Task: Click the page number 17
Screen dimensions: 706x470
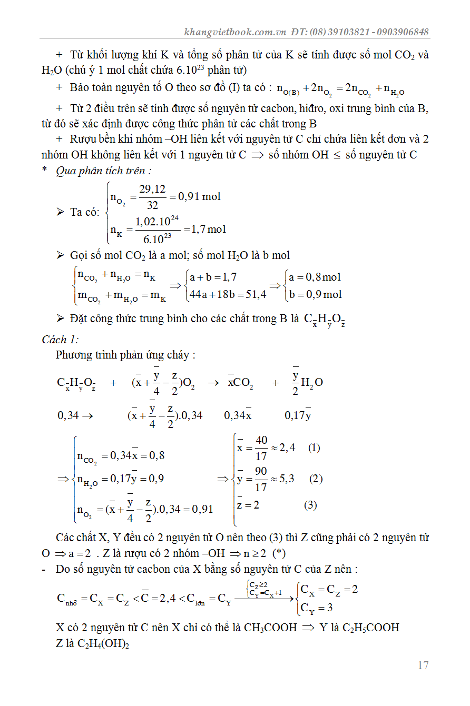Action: [x=423, y=665]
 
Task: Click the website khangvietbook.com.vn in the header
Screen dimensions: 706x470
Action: [x=235, y=32]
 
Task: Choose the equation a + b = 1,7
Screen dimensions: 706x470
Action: [x=213, y=277]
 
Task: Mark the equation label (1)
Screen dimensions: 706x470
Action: [x=314, y=448]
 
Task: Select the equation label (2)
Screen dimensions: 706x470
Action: [x=316, y=479]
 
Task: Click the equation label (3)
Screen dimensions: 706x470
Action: [x=310, y=505]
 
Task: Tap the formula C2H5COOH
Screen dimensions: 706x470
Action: [x=371, y=628]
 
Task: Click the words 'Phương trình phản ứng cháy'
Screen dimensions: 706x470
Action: [x=123, y=355]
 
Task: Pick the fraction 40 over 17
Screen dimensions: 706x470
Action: [x=261, y=448]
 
